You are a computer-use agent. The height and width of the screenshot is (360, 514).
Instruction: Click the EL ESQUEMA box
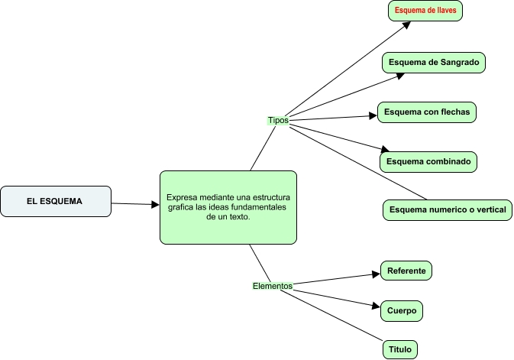pyautogui.click(x=57, y=201)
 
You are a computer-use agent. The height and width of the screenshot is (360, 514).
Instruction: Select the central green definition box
pyautogui.click(x=228, y=207)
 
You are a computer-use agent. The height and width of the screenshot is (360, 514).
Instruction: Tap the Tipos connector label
pyautogui.click(x=277, y=121)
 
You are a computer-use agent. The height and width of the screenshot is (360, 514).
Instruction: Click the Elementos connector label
pyautogui.click(x=272, y=286)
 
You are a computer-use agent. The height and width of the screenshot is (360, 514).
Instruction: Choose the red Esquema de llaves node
pyautogui.click(x=426, y=11)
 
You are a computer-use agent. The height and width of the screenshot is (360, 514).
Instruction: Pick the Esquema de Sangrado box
pyautogui.click(x=434, y=62)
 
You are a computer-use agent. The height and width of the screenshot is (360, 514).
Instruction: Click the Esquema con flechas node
pyautogui.click(x=427, y=112)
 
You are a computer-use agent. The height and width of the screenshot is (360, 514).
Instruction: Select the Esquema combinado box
pyautogui.click(x=428, y=161)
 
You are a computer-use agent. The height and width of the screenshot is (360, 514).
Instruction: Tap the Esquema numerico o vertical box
pyautogui.click(x=447, y=209)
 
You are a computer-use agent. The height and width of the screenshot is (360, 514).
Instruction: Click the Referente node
pyautogui.click(x=406, y=271)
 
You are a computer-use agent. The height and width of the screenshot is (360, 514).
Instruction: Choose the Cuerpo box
pyautogui.click(x=401, y=311)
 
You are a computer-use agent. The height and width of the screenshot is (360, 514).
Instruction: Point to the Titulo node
pyautogui.click(x=399, y=349)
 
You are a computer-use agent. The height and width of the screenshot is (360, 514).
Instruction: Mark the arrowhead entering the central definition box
pyautogui.click(x=154, y=205)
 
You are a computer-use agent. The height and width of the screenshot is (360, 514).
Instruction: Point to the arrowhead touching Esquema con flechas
pyautogui.click(x=373, y=116)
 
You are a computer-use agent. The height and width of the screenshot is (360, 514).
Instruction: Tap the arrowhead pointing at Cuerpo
pyautogui.click(x=375, y=307)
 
